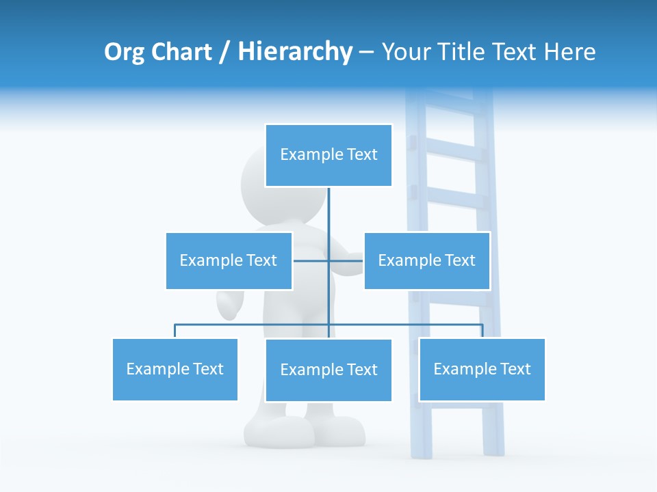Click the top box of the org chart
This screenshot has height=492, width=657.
328,155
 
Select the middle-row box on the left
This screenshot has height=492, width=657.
229,260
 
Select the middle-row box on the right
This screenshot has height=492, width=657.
426,260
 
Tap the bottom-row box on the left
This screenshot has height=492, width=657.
175,369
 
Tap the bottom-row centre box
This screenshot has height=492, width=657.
328,370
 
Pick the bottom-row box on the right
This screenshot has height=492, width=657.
482,369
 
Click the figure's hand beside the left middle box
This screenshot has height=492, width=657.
230,305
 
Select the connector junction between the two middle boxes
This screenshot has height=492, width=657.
328,260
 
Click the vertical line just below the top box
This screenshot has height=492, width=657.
328,205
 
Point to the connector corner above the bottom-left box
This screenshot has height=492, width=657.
175,325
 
